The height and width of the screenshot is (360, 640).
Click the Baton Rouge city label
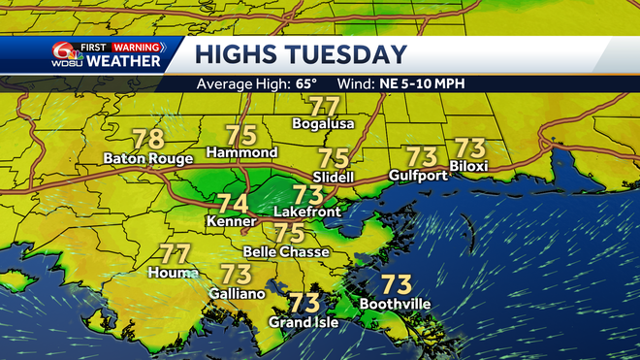(149, 158)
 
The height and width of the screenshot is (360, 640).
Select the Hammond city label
(242, 152)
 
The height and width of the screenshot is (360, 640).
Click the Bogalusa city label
(324, 124)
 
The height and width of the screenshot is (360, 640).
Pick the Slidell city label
(334, 177)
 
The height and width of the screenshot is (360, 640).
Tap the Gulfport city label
(419, 175)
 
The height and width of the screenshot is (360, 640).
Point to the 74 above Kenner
(231, 204)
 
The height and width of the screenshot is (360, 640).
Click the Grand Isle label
(304, 321)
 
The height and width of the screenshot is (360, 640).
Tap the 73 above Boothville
(395, 284)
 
